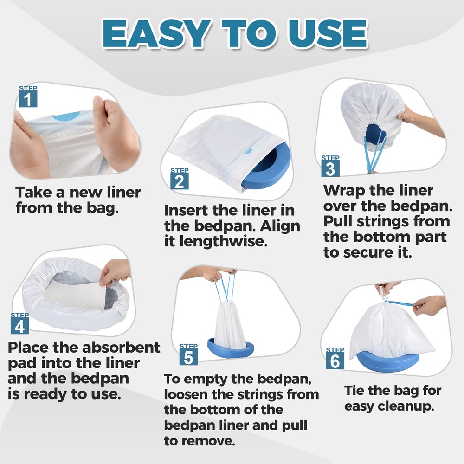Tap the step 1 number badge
click(28, 99)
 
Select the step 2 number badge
click(179, 181)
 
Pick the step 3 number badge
click(330, 168)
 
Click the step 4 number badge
click(19, 326)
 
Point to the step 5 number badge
click(188, 356)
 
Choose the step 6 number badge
click(335, 361)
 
